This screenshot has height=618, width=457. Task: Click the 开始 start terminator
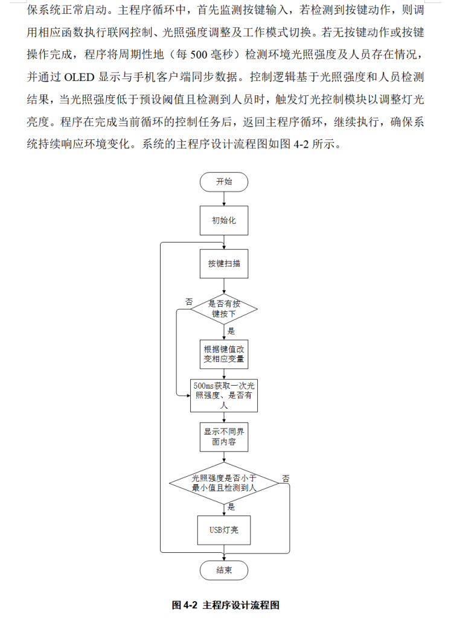tap(224, 182)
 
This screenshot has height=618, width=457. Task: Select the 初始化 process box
tap(224, 220)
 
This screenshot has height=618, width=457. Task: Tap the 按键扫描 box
tap(224, 264)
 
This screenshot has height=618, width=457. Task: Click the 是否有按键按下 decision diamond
tap(224, 309)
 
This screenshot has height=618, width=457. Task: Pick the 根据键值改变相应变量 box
tap(224, 354)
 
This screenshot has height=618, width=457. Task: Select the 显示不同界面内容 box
tap(224, 437)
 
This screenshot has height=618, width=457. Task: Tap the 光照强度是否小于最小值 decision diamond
tap(224, 482)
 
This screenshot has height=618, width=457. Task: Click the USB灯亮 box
tap(224, 530)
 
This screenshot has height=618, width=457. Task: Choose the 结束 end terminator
tap(224, 570)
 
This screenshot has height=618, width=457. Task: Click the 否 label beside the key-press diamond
tap(189, 301)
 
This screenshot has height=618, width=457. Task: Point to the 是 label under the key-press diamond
tap(231, 331)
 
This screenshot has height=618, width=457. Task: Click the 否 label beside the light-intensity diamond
tap(285, 477)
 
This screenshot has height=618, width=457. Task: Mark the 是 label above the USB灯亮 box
tap(231, 507)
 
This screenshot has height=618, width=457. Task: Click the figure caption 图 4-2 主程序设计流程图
tap(225, 605)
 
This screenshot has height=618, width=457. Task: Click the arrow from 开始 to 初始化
tap(224, 199)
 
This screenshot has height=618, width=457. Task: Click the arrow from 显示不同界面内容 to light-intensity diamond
tap(224, 460)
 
